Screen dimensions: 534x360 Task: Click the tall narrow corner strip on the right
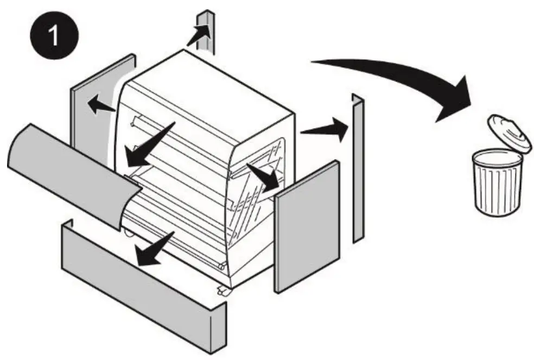(358, 168)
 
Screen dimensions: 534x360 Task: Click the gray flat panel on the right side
(307, 225)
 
